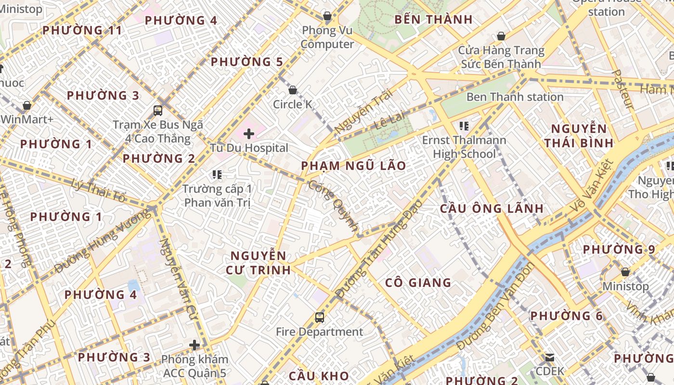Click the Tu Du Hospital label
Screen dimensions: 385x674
click(249, 148)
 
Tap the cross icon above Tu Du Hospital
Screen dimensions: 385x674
click(249, 133)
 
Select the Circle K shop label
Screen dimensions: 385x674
click(292, 104)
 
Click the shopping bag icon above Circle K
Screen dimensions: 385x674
click(292, 90)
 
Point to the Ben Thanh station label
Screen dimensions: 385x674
click(515, 97)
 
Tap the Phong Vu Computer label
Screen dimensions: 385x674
click(327, 37)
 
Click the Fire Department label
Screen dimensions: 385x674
click(319, 332)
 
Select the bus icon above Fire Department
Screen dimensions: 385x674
click(319, 317)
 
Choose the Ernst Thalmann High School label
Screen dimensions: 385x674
click(464, 147)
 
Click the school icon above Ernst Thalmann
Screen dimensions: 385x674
click(464, 126)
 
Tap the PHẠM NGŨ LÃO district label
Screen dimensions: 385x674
click(353, 166)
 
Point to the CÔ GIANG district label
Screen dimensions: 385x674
click(418, 282)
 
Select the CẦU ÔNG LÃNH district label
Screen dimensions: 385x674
click(492, 208)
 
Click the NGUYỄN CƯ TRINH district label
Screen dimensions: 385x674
click(259, 262)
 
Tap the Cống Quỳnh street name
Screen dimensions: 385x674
click(334, 205)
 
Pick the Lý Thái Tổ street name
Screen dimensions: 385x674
click(98, 191)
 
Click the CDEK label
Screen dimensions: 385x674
click(549, 371)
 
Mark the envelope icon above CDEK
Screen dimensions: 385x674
click(549, 358)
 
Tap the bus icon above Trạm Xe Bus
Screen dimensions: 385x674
click(158, 110)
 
